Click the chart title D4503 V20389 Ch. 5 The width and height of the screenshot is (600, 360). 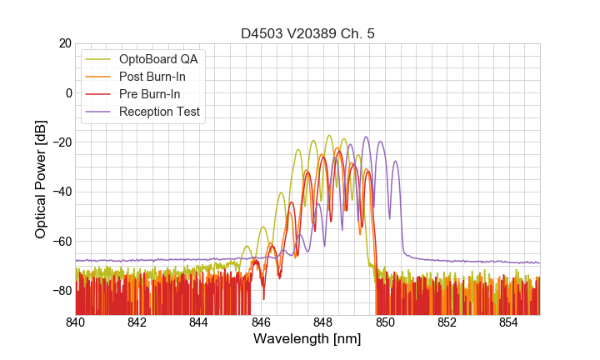[x=307, y=34]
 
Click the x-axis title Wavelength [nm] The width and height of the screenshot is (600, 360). [x=307, y=339]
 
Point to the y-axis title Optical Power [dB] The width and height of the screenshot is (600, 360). [x=41, y=179]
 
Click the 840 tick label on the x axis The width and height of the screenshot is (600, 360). [x=76, y=322]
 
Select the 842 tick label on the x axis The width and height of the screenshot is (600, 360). [x=137, y=322]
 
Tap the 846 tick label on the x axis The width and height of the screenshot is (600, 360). [x=261, y=322]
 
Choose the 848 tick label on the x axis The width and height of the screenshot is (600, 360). [x=323, y=322]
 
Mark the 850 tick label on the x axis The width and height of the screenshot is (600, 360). [x=385, y=322]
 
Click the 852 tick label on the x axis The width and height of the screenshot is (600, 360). [x=447, y=322]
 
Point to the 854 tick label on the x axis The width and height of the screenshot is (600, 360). [x=509, y=322]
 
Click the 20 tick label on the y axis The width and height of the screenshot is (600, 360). [x=64, y=43]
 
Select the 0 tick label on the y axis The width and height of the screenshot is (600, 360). [x=68, y=92]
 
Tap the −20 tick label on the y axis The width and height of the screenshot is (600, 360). [x=60, y=142]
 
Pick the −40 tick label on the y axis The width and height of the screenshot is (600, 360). [x=60, y=192]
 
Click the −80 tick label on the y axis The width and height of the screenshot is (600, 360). [x=60, y=291]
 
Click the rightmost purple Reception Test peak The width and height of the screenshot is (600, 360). [x=396, y=162]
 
